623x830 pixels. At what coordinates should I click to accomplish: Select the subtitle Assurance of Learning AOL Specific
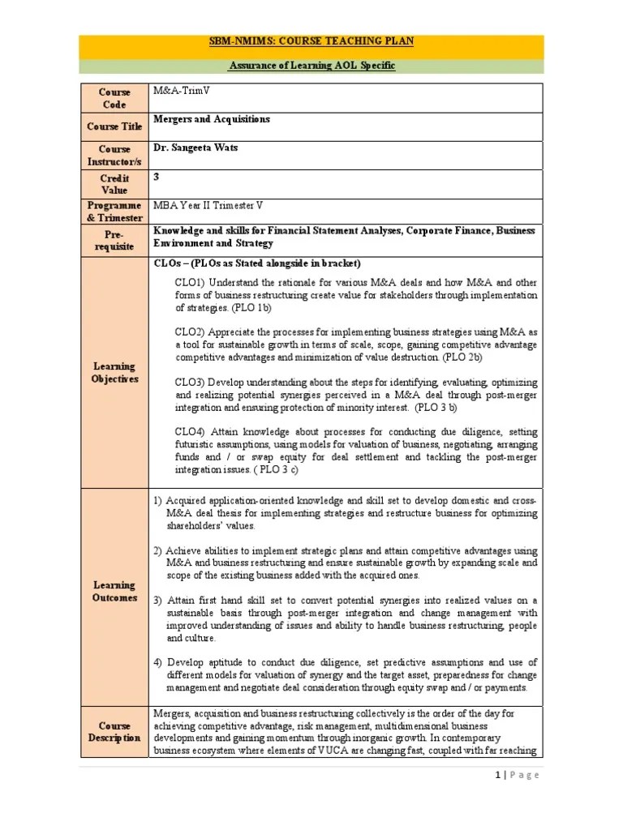click(x=311, y=66)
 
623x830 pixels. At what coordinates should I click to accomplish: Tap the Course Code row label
click(x=114, y=98)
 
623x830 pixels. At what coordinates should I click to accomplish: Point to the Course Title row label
click(x=114, y=126)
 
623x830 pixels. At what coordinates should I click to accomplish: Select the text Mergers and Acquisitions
click(x=212, y=119)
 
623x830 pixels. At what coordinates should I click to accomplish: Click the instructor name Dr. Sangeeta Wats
click(x=199, y=148)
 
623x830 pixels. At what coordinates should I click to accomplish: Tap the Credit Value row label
click(x=114, y=184)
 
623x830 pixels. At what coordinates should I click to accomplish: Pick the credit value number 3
click(x=157, y=176)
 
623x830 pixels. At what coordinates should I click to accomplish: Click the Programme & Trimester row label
click(x=114, y=212)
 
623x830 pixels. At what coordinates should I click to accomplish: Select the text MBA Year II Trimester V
click(x=208, y=205)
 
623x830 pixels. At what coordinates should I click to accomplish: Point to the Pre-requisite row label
click(x=114, y=240)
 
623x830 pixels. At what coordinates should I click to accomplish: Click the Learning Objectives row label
click(x=114, y=373)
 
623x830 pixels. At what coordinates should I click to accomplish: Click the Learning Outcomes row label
click(x=114, y=591)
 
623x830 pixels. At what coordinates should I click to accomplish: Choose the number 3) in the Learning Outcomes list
click(x=158, y=600)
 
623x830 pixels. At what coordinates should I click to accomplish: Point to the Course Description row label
click(x=114, y=732)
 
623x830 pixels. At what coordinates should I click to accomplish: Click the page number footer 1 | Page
click(x=516, y=775)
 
